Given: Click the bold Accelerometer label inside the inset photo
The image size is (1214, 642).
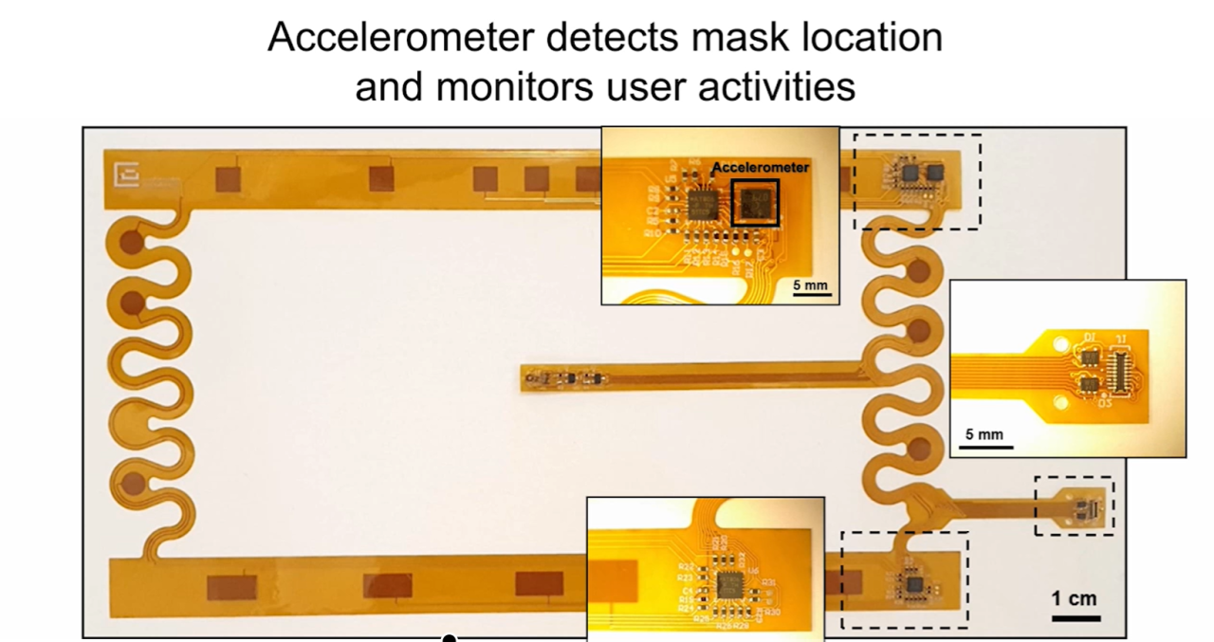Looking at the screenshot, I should [x=761, y=167].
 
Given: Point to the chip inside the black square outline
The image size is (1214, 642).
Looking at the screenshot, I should [x=756, y=201].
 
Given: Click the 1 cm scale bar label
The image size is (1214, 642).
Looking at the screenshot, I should [x=1074, y=598].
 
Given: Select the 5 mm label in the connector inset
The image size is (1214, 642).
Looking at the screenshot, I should [x=984, y=433].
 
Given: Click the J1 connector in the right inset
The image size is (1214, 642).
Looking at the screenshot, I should [x=1126, y=372].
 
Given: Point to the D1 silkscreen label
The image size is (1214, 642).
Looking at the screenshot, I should [x=1091, y=338].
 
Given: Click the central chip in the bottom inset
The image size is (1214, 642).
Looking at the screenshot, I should [x=728, y=584].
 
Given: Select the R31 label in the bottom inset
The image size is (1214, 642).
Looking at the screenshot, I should [x=769, y=581].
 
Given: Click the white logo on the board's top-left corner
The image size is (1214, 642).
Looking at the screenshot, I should [x=126, y=175].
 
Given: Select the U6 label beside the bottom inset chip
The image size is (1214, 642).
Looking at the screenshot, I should [x=753, y=570].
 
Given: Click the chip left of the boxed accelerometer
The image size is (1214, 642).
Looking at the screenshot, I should [x=704, y=202].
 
